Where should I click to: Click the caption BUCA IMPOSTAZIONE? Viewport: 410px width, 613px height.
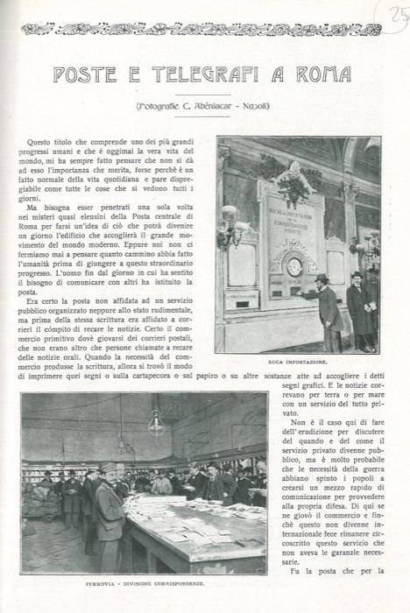[298, 360]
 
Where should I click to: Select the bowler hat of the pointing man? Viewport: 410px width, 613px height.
[322, 278]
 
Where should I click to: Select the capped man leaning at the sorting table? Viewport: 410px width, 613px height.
[110, 508]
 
